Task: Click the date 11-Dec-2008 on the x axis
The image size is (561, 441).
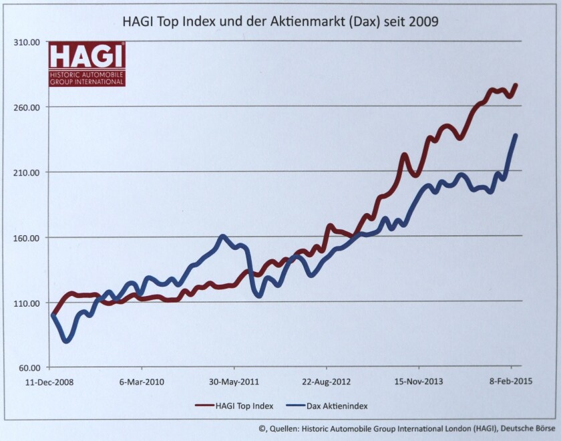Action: pos(49,382)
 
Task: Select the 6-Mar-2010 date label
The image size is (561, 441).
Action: pos(142,382)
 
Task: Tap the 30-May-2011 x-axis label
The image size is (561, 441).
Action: pos(234,382)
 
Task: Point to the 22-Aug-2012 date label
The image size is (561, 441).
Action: pos(326,382)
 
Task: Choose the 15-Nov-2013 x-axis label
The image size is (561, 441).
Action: pos(418,382)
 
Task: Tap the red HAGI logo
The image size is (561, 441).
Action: pos(87,63)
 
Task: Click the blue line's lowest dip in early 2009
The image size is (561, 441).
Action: pos(66,341)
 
